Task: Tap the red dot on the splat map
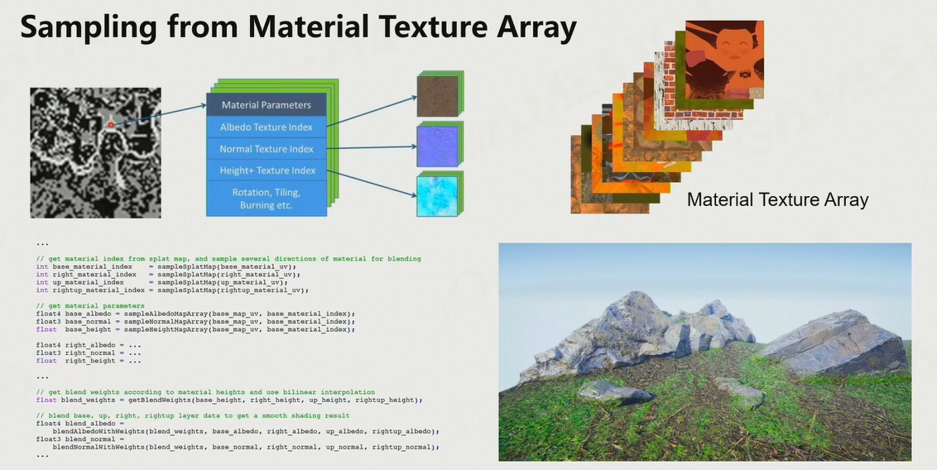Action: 110,125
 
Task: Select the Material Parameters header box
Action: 266,105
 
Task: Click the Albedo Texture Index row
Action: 266,127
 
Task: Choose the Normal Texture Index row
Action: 266,149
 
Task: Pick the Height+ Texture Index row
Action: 266,170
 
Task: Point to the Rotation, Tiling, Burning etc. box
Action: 266,198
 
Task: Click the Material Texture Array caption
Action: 777,199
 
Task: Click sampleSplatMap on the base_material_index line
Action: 187,267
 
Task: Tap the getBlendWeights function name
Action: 156,400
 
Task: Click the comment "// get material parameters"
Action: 89,306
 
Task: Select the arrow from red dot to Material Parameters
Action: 157,115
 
